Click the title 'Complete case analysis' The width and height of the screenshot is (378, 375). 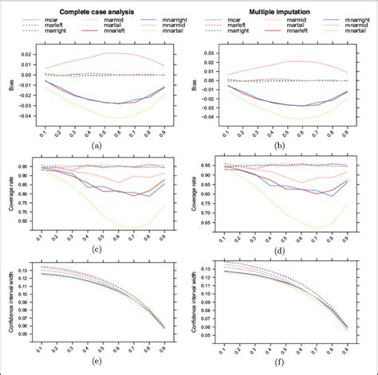(x=96, y=7)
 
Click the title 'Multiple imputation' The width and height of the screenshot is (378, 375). (x=281, y=7)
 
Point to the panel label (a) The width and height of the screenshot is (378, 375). (x=96, y=146)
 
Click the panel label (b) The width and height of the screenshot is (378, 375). (x=282, y=146)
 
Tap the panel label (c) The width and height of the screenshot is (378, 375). (x=96, y=253)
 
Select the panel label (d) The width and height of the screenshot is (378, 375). (x=282, y=253)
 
